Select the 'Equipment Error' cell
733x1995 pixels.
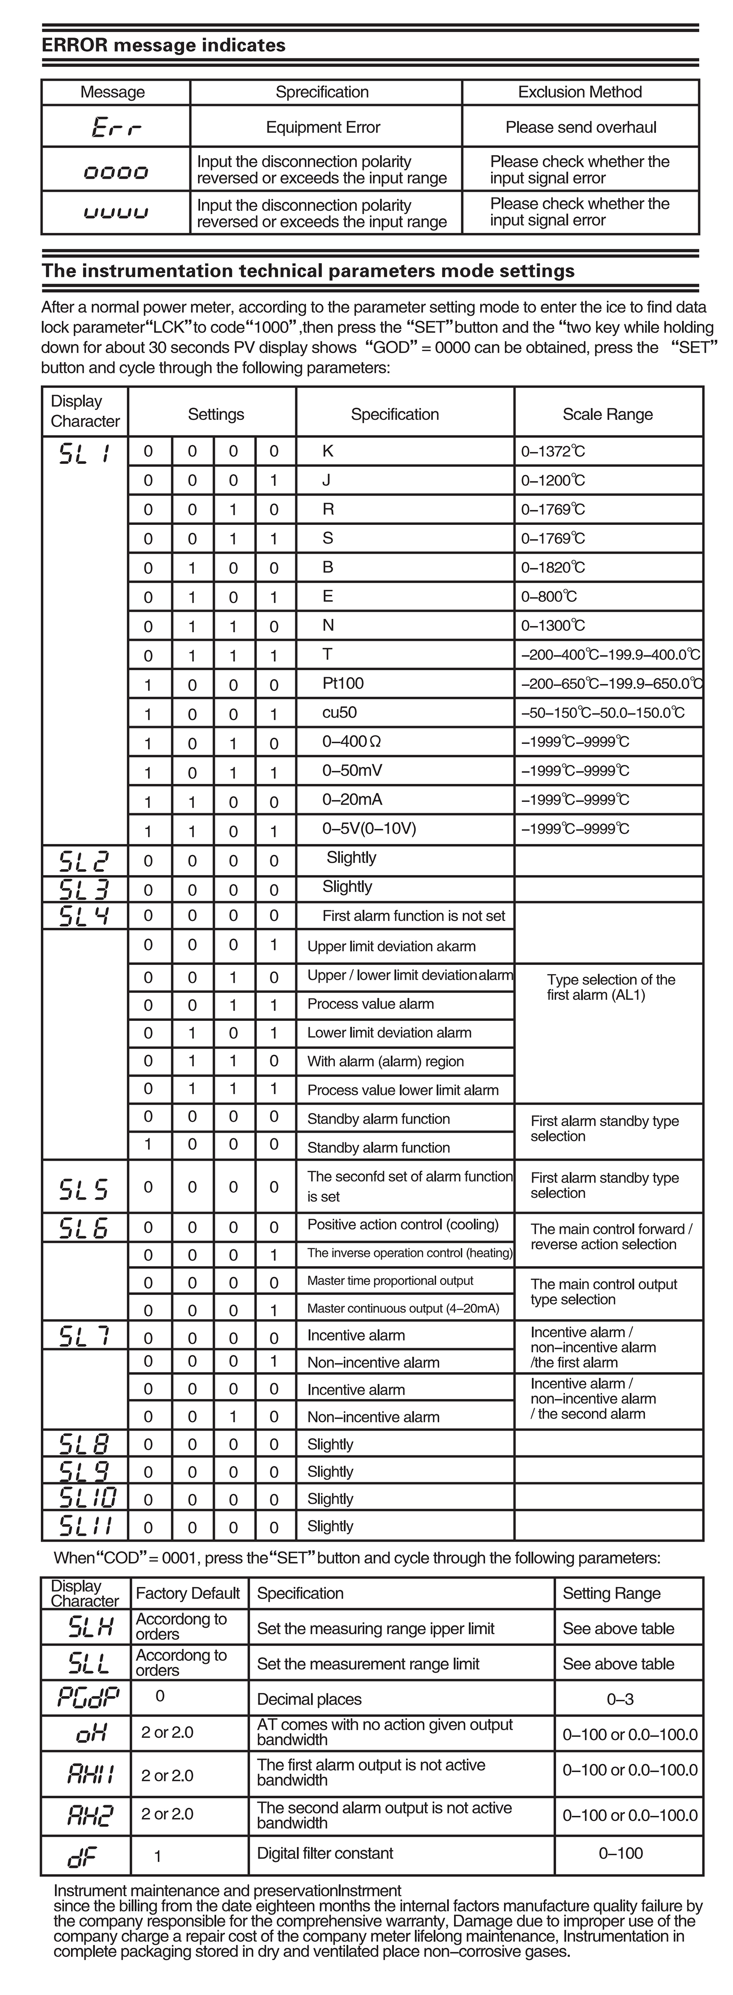(323, 127)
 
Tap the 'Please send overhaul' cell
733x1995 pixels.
(580, 127)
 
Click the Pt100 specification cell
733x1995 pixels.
(343, 683)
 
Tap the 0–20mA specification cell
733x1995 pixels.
(352, 799)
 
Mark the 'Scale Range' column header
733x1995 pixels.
(607, 414)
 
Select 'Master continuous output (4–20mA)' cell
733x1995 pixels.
(403, 1308)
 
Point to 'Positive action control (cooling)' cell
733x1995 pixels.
(403, 1224)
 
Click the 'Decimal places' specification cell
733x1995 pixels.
(310, 1699)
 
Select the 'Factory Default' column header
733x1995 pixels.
(188, 1593)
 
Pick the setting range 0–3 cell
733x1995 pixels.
(621, 1699)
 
